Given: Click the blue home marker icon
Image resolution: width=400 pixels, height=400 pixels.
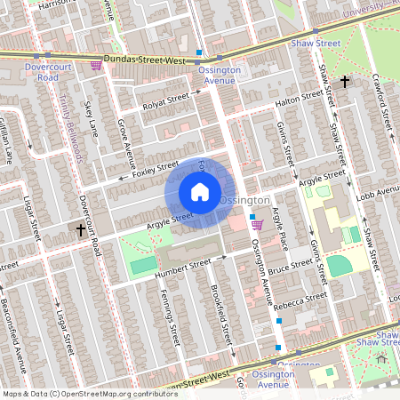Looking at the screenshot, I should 199,191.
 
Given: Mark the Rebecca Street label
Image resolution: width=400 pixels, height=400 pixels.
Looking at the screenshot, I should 304,300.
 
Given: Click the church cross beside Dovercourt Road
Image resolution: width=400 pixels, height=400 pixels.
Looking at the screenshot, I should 81,229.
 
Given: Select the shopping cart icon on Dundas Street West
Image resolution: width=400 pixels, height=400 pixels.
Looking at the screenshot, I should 96,65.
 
